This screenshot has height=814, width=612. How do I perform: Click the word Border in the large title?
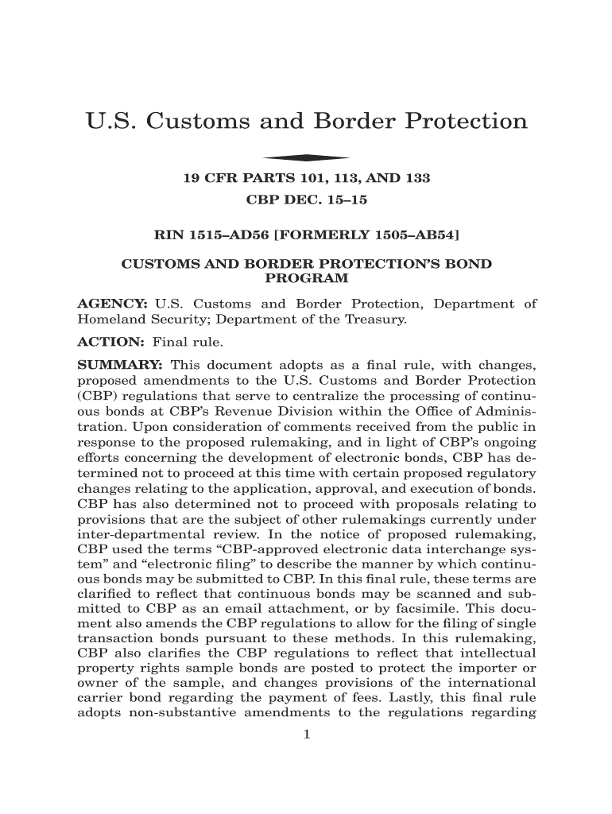[355, 122]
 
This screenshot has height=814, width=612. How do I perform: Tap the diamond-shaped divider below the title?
[307, 157]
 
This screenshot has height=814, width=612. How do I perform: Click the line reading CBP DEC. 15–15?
[307, 200]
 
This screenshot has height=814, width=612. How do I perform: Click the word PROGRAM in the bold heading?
[306, 278]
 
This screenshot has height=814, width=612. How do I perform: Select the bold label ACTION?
[110, 343]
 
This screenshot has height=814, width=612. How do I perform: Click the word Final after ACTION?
[169, 343]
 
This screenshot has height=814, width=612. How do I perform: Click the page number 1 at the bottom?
[306, 734]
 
